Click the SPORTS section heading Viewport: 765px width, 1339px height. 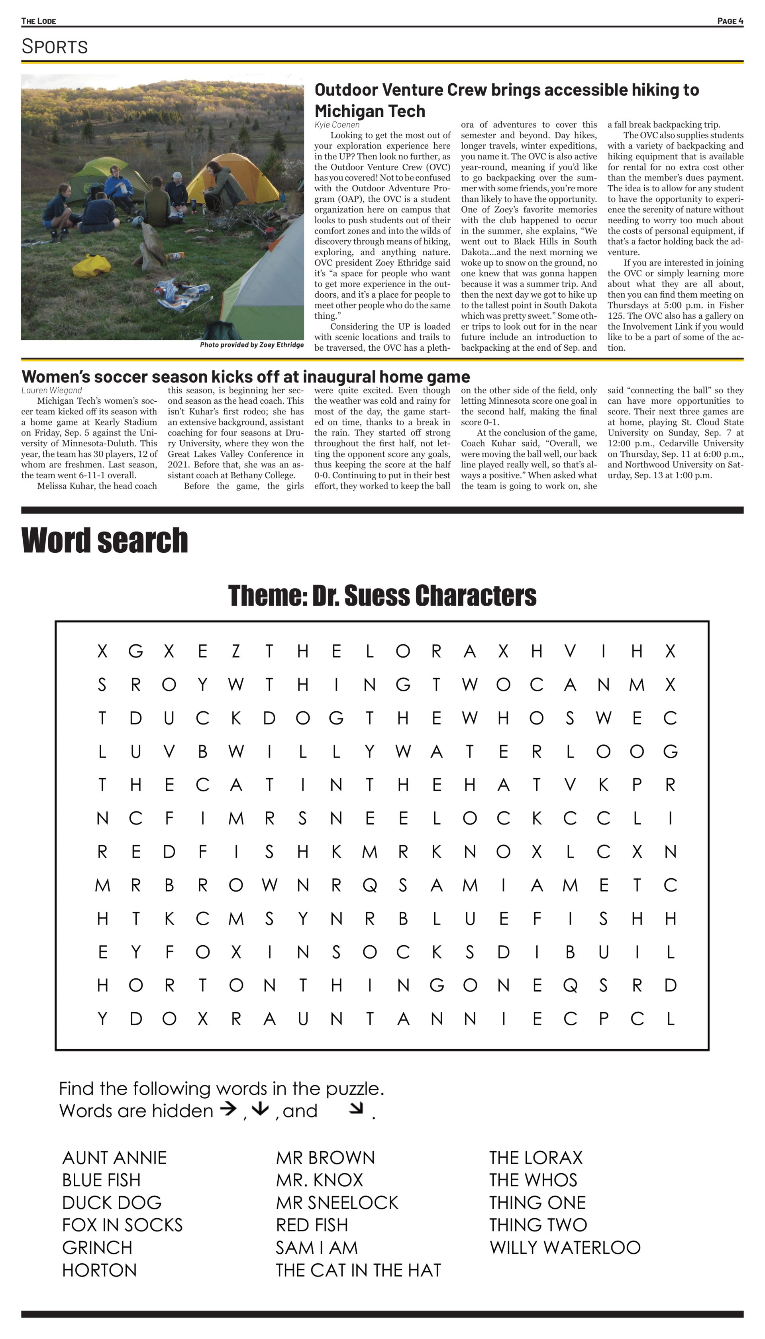55,46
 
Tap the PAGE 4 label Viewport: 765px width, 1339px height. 730,21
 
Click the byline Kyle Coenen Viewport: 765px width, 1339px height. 337,125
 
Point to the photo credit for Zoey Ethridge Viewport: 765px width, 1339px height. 252,345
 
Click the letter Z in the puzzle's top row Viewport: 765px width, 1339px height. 236,651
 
